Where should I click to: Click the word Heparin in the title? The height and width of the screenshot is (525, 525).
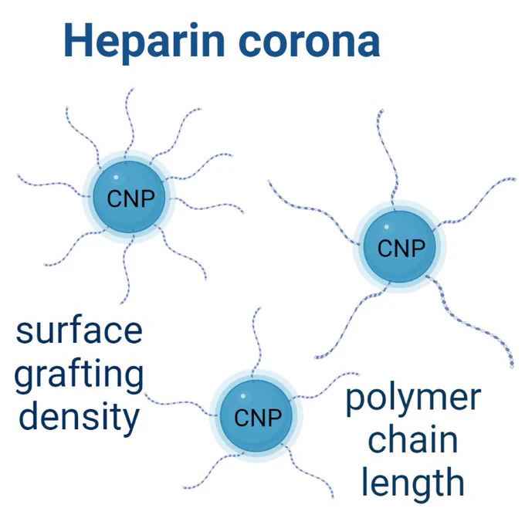pos(144,42)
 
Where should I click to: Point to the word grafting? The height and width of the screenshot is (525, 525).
pos(79,375)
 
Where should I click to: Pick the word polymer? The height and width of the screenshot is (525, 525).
pos(413,398)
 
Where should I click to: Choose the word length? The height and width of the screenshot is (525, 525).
pos(413,482)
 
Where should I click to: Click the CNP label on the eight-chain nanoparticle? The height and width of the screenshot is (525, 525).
pos(131,198)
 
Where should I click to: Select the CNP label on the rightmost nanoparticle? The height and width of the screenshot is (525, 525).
pos(401,248)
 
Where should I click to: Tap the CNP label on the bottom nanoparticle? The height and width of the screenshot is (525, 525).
pos(258,418)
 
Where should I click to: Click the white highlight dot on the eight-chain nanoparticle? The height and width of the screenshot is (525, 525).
pos(116,177)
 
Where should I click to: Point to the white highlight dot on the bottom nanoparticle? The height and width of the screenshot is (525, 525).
pos(243,396)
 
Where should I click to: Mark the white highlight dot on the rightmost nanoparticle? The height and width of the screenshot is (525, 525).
pos(386,227)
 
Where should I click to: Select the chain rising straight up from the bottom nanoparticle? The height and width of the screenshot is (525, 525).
pos(257,345)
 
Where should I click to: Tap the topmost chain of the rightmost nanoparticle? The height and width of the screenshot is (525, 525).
pos(388,159)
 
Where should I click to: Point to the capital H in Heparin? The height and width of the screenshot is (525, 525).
pos(79,40)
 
